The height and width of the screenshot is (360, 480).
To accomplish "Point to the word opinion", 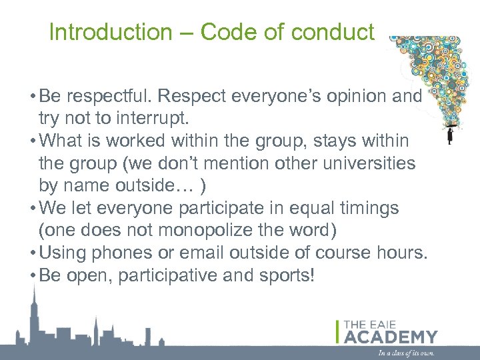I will coord(359,97).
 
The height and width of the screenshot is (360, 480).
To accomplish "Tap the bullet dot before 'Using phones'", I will coord(32,253).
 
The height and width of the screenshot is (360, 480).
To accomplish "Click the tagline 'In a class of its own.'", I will coord(406,352).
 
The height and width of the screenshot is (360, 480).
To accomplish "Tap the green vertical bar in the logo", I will coord(339,332).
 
